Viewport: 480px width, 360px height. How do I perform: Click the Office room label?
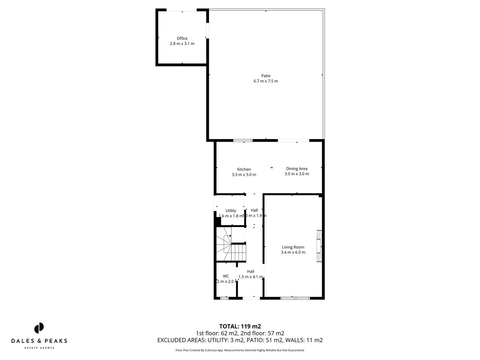click(x=182, y=38)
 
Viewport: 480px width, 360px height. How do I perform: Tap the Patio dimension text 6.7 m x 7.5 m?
click(x=266, y=81)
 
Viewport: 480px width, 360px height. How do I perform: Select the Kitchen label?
click(x=244, y=169)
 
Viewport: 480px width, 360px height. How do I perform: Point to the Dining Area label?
click(x=297, y=169)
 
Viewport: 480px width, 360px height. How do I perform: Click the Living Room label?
click(x=293, y=247)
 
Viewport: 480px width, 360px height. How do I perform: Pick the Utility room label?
click(x=231, y=211)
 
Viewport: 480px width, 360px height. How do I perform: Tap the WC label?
click(x=226, y=276)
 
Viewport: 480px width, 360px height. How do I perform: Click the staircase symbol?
click(x=231, y=248)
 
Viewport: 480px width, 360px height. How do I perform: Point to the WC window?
click(x=224, y=298)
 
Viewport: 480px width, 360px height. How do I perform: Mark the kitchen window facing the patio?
click(x=243, y=141)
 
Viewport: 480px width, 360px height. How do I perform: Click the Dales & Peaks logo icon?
click(x=39, y=328)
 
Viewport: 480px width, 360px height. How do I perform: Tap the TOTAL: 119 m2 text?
click(x=240, y=326)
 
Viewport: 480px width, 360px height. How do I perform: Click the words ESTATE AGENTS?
click(x=39, y=348)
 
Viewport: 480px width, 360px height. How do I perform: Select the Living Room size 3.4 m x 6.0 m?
click(x=293, y=252)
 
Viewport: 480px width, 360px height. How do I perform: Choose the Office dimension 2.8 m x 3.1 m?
click(x=182, y=44)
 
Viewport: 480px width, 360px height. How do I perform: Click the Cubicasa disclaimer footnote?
click(x=240, y=350)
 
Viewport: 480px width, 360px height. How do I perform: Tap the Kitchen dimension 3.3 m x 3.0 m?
click(x=244, y=175)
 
